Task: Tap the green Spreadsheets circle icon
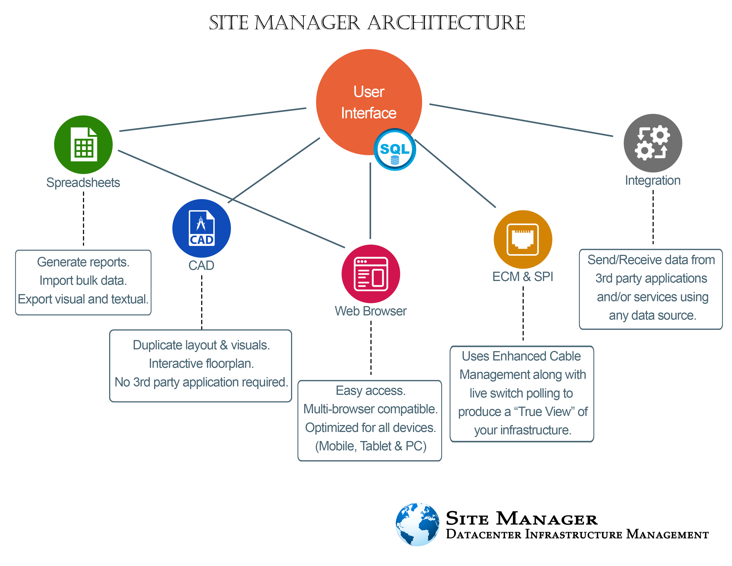[83, 144]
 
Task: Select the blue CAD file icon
[201, 228]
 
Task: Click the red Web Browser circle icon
[371, 274]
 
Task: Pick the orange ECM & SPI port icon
[523, 239]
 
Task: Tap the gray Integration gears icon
[653, 143]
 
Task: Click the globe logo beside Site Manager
[417, 524]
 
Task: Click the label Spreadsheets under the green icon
[83, 183]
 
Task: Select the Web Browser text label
[371, 311]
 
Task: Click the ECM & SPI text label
[523, 277]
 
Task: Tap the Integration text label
[653, 181]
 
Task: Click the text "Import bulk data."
[83, 281]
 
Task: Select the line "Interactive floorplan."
[201, 364]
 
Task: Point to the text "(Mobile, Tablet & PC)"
[371, 446]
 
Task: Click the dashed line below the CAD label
[202, 302]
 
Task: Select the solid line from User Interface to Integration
[521, 120]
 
